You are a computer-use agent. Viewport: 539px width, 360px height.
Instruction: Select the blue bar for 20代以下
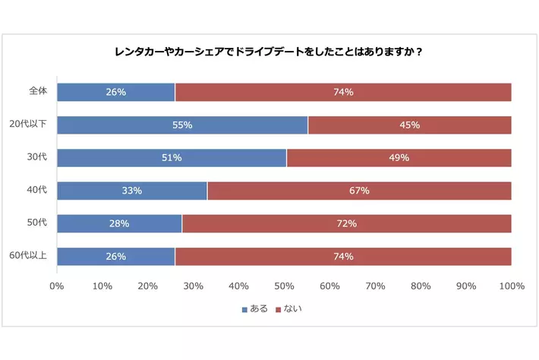coord(181,125)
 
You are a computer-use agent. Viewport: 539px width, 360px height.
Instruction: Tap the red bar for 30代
coord(399,158)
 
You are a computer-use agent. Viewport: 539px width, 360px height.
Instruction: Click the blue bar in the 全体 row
coord(115,93)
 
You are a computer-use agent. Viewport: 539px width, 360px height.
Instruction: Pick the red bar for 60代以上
coord(342,257)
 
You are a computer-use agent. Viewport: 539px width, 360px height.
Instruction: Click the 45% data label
coord(410,125)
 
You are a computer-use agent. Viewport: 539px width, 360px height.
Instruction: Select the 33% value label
coord(132,191)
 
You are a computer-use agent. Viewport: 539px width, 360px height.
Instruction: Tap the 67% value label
coord(359,191)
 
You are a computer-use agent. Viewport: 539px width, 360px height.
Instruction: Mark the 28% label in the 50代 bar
coord(119,224)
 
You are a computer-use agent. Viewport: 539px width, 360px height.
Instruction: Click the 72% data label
coord(347,224)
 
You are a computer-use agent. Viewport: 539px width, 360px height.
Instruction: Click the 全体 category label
coord(38,91)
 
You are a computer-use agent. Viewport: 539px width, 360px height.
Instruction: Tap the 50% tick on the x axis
coord(284,286)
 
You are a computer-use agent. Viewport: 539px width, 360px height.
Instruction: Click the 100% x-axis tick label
coord(512,286)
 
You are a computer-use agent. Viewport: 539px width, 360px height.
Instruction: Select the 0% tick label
coord(56,286)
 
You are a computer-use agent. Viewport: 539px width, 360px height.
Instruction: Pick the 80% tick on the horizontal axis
coord(421,286)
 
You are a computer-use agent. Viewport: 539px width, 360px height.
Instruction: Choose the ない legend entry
coord(289,309)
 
